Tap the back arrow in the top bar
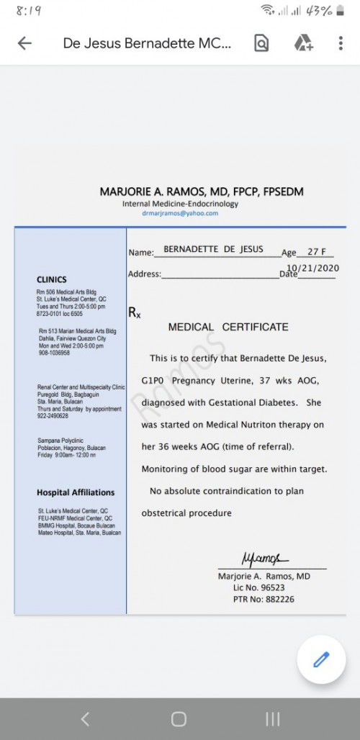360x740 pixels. click(x=24, y=43)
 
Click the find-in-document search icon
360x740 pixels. click(x=261, y=43)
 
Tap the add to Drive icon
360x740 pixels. click(x=303, y=43)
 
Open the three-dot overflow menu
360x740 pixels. click(x=341, y=43)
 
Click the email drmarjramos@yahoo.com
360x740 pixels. click(x=180, y=213)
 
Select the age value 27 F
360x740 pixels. click(x=317, y=252)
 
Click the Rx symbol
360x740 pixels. click(x=134, y=312)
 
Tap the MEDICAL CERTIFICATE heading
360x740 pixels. click(x=228, y=327)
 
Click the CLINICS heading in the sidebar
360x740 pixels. click(x=52, y=279)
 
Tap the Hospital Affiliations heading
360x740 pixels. click(x=76, y=492)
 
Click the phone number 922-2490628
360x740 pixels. click(x=53, y=415)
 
